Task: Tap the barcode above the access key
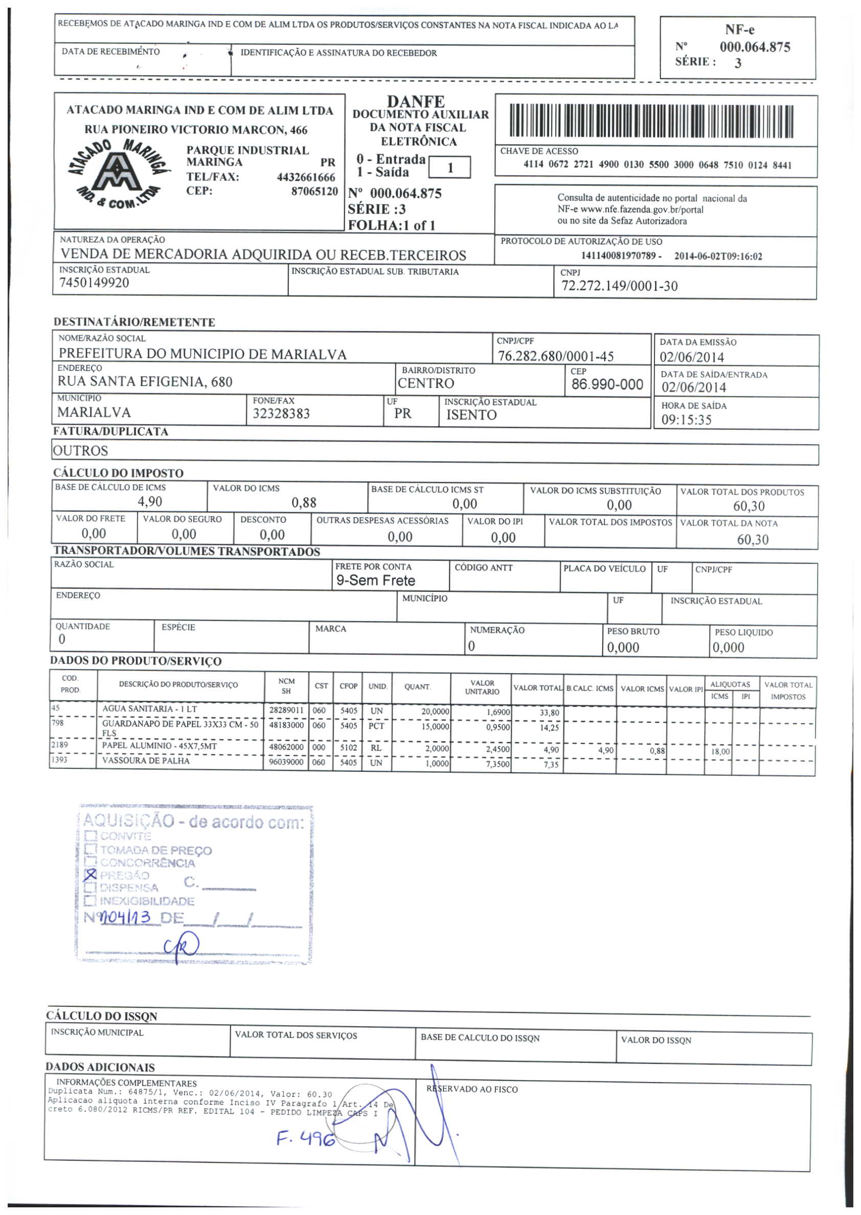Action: [651, 121]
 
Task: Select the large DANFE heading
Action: [416, 101]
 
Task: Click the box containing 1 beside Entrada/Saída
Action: [449, 168]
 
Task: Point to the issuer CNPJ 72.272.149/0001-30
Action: [619, 286]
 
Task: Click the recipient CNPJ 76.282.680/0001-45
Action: [556, 356]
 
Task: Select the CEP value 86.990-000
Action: [607, 384]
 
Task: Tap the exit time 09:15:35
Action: [686, 420]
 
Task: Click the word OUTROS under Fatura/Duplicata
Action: [81, 451]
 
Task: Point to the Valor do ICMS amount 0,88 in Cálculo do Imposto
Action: [304, 502]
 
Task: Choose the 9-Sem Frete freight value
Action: [375, 581]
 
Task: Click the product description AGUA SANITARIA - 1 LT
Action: [149, 709]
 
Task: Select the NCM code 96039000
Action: [286, 762]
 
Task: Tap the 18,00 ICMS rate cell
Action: [720, 751]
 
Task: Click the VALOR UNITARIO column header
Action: [482, 687]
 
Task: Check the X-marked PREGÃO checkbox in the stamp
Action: [90, 874]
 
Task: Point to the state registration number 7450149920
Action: [94, 283]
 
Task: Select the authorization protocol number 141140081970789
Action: [618, 256]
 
